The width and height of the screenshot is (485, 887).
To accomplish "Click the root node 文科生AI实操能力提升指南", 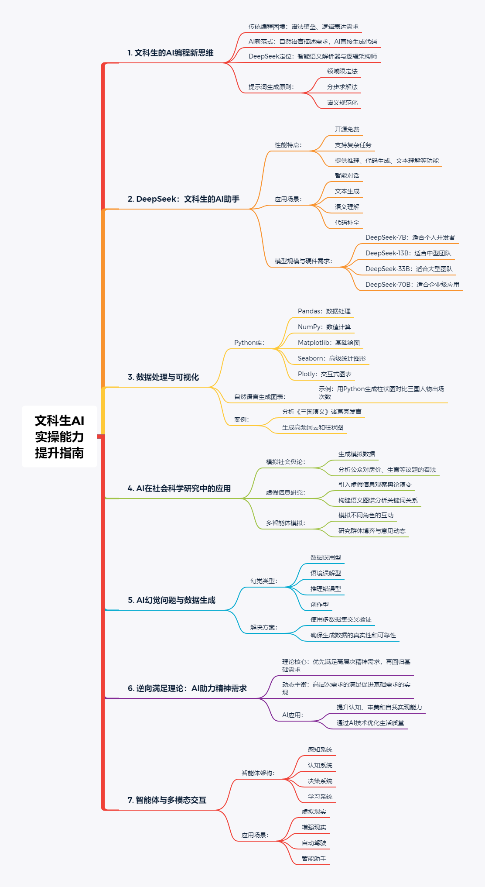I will pyautogui.click(x=59, y=437).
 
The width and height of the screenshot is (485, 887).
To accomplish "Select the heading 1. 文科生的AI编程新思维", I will pyautogui.click(x=170, y=53).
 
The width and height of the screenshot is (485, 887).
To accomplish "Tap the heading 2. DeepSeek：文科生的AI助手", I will pyautogui.click(x=183, y=199).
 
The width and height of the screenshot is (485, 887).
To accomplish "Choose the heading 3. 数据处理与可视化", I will pyautogui.click(x=163, y=377).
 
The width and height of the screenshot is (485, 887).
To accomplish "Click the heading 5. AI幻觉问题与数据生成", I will pyautogui.click(x=171, y=600).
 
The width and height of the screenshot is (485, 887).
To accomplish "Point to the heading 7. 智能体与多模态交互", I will pyautogui.click(x=167, y=800).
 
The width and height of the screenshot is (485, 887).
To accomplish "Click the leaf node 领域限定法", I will pyautogui.click(x=342, y=71).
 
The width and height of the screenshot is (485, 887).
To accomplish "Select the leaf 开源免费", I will pyautogui.click(x=347, y=129).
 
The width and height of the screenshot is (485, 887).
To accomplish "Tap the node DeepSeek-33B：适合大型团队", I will pyautogui.click(x=409, y=269).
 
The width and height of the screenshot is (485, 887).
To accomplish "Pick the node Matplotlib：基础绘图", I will pyautogui.click(x=328, y=343).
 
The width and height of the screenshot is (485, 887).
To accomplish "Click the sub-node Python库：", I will pyautogui.click(x=249, y=343).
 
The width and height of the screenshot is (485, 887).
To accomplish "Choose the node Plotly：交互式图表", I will pyautogui.click(x=324, y=374).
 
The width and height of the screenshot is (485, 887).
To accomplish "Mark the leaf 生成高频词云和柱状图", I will pyautogui.click(x=312, y=427).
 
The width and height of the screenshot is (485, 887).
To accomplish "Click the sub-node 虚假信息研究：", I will pyautogui.click(x=285, y=492).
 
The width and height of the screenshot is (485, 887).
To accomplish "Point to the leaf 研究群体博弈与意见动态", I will pyautogui.click(x=372, y=531).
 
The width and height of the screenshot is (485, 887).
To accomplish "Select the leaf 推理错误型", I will pyautogui.click(x=325, y=589).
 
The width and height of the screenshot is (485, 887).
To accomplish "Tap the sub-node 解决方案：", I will pyautogui.click(x=263, y=627).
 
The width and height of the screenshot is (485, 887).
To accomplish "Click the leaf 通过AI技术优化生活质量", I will pyautogui.click(x=370, y=723).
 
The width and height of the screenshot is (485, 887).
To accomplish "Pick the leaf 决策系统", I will pyautogui.click(x=320, y=781).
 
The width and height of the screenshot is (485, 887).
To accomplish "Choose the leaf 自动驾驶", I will pyautogui.click(x=314, y=843).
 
